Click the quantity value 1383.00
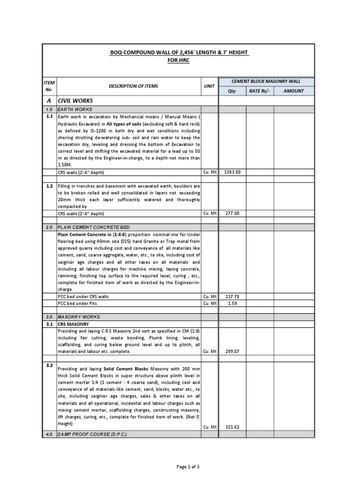(x=232, y=172)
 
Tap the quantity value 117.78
(x=232, y=296)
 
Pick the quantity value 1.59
(x=232, y=303)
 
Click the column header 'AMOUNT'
(x=294, y=91)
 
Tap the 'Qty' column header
(x=232, y=91)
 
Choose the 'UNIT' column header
(x=209, y=86)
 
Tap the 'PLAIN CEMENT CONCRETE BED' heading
(x=93, y=227)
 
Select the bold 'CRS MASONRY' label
(x=74, y=324)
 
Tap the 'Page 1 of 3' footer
(x=180, y=466)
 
